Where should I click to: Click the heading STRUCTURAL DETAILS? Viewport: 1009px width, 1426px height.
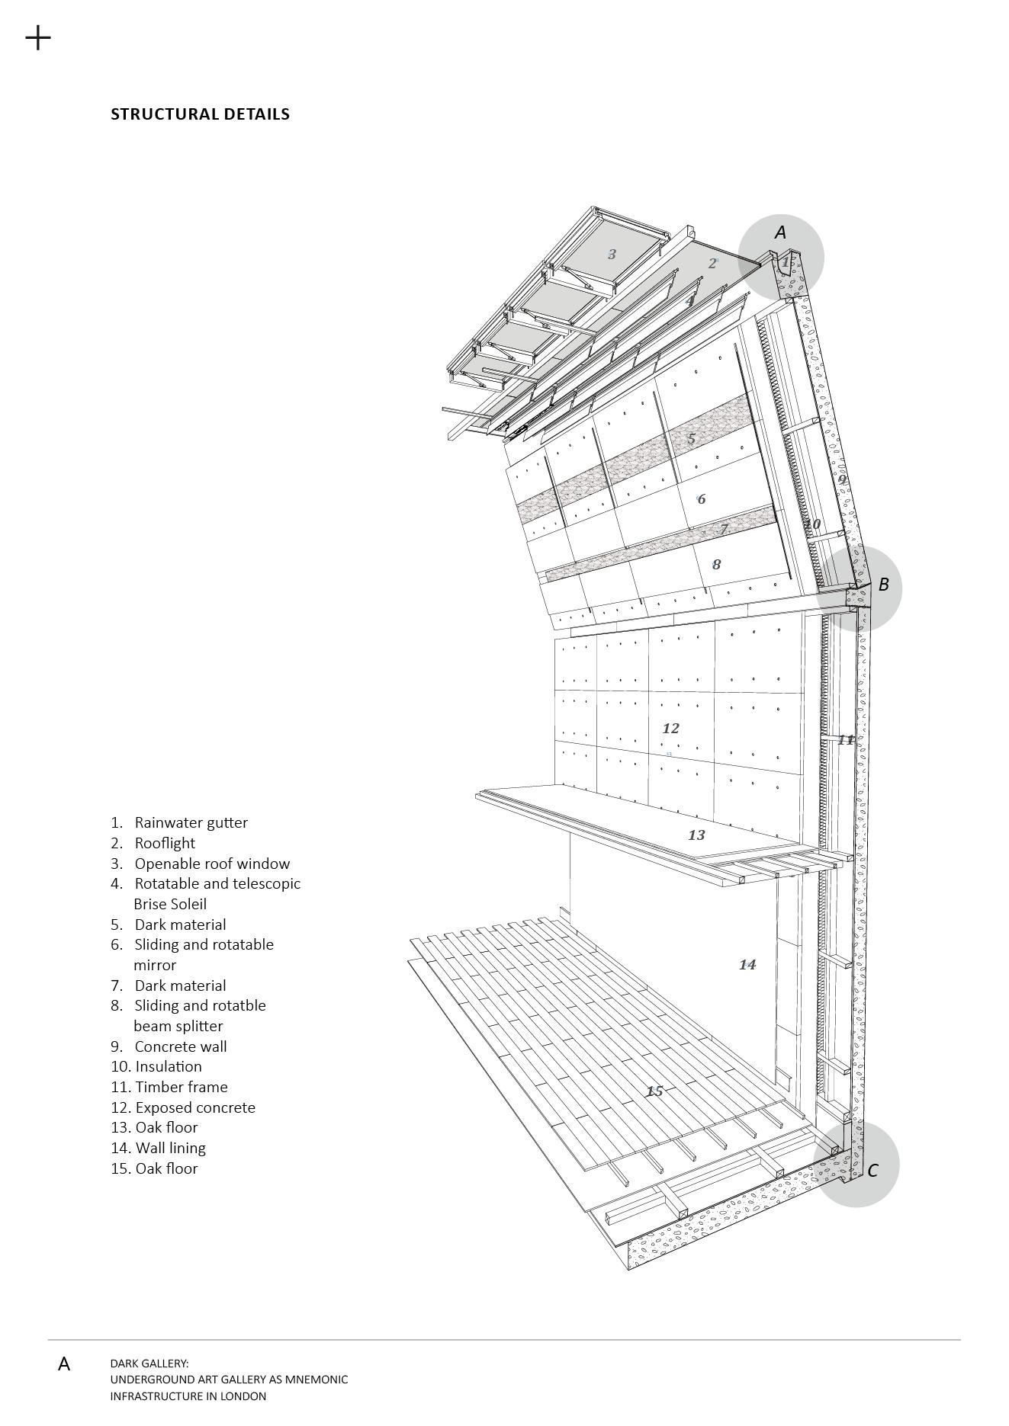point(200,114)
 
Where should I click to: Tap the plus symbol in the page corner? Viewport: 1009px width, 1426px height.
point(38,37)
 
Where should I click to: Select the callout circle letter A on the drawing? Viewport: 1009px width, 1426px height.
point(780,232)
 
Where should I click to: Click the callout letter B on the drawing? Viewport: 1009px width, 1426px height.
point(884,585)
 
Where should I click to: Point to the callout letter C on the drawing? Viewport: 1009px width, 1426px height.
point(873,1171)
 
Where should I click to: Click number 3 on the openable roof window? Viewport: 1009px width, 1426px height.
point(612,255)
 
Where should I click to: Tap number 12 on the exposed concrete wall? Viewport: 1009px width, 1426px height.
point(670,729)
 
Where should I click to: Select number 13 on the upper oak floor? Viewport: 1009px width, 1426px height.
point(696,835)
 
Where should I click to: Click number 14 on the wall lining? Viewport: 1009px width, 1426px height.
point(747,965)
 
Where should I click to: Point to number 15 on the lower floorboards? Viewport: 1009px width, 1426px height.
point(654,1091)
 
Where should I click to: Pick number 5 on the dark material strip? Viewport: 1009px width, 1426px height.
point(692,439)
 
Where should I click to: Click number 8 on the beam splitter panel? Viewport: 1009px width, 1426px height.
point(716,565)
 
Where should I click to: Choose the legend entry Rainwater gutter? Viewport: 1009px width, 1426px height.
point(191,822)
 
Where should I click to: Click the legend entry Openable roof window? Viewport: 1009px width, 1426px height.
point(212,864)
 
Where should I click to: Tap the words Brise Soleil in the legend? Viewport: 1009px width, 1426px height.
point(170,904)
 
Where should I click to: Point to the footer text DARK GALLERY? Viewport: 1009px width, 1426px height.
point(149,1364)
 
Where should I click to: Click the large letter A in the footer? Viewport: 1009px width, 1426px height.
point(64,1364)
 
